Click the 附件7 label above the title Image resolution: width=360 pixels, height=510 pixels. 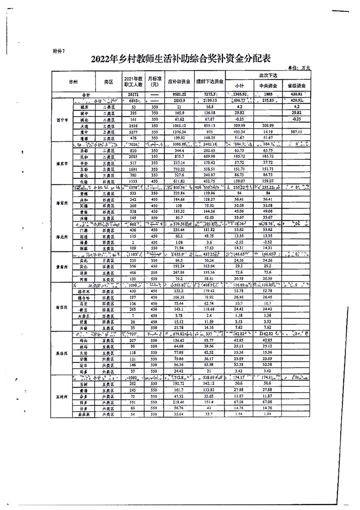click(58, 51)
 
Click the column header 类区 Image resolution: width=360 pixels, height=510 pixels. click(108, 82)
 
